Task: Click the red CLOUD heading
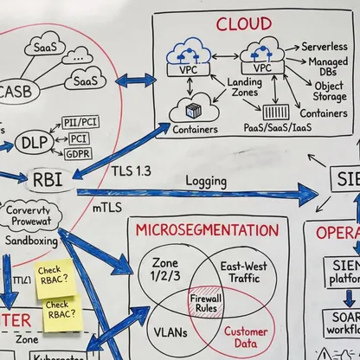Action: pyautogui.click(x=243, y=23)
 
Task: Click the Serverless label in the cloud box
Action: pyautogui.click(x=325, y=46)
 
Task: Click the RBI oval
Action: pyautogui.click(x=45, y=181)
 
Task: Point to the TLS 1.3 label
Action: pyautogui.click(x=131, y=171)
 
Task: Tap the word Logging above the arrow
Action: pyautogui.click(x=208, y=183)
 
